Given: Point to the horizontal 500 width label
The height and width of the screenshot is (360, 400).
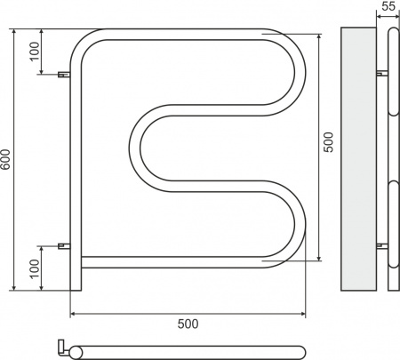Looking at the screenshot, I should point(188,324).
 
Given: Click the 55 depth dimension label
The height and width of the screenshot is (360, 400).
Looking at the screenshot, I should point(388,7).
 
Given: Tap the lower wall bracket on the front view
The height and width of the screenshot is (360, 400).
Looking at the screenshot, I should point(63,244).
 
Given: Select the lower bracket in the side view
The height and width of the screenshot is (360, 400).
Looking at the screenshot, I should point(381,244).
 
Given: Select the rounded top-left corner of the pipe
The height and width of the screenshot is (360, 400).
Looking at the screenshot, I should point(84,44).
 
